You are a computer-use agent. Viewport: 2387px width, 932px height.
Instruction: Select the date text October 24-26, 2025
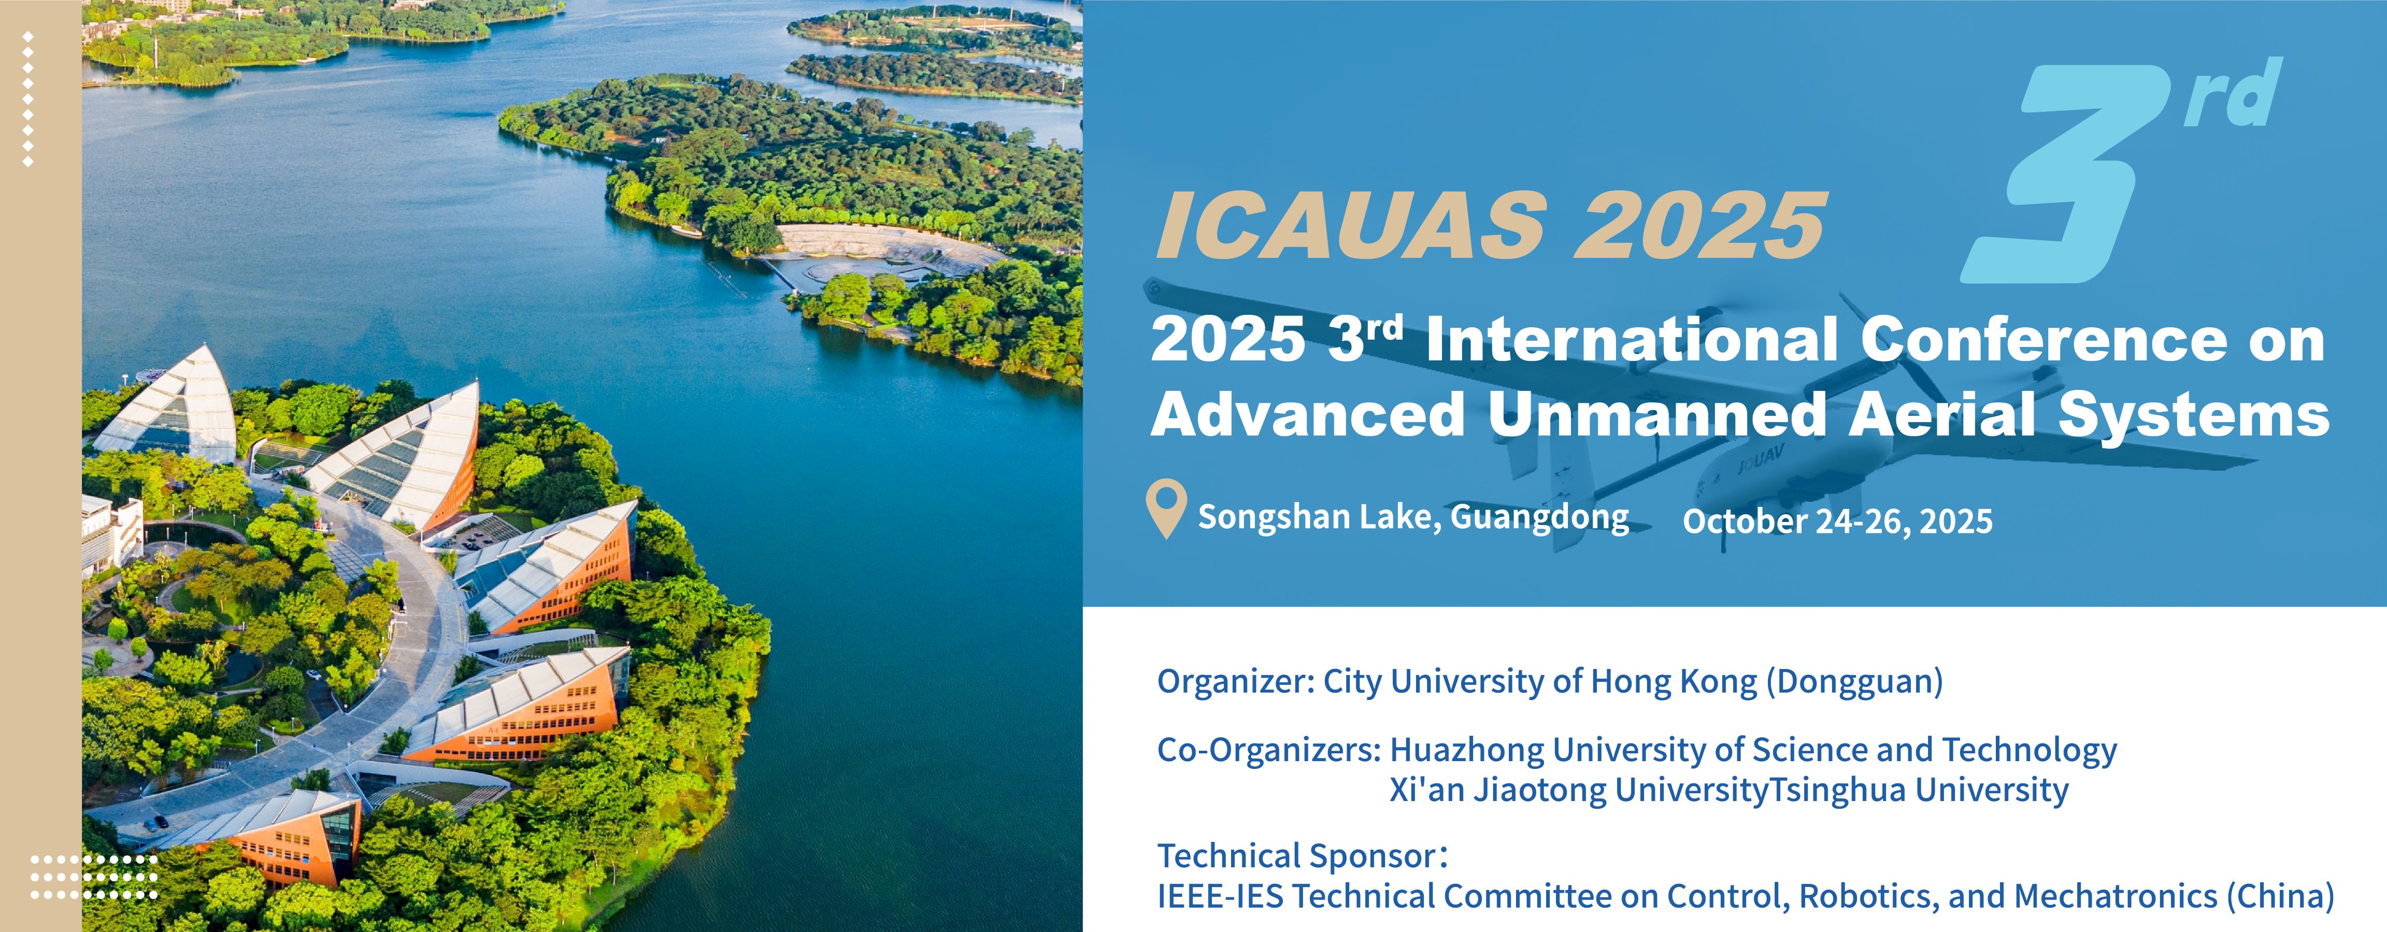pyautogui.click(x=1837, y=521)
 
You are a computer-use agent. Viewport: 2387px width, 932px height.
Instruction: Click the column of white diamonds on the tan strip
pyautogui.click(x=28, y=99)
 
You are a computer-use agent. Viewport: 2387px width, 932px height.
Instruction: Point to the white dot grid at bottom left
pyautogui.click(x=94, y=877)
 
